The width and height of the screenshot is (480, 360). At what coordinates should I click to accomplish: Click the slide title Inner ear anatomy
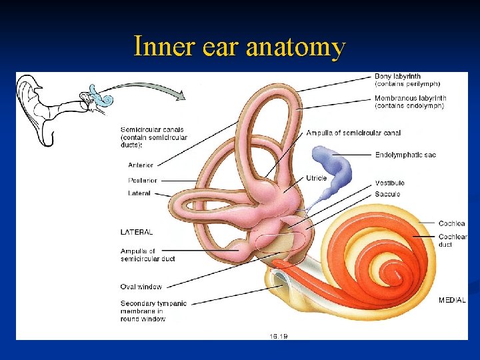click(239, 47)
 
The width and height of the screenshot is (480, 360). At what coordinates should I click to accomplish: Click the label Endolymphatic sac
click(405, 155)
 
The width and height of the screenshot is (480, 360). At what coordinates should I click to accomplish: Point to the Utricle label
click(316, 179)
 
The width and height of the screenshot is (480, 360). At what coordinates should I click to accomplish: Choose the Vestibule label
click(389, 183)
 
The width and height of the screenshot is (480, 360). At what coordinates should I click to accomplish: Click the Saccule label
click(387, 194)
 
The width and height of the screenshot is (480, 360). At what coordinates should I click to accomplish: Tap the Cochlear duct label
click(453, 241)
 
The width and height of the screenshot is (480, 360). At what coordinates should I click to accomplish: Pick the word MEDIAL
click(452, 301)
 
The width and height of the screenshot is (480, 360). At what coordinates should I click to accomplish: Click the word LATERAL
click(137, 232)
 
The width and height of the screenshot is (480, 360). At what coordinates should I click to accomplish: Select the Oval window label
click(141, 287)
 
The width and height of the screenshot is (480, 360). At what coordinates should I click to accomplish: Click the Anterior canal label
click(141, 165)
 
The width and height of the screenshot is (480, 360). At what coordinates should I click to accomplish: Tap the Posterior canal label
click(143, 180)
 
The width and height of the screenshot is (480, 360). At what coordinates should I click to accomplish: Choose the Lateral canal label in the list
click(139, 193)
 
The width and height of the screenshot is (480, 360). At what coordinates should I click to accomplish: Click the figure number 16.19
click(279, 336)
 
